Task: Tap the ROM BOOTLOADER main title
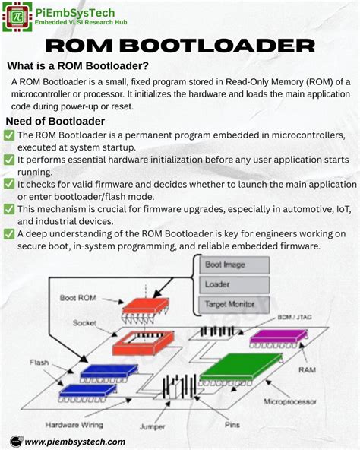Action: point(179,47)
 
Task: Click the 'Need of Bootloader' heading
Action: point(55,122)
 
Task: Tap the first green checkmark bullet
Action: point(9,135)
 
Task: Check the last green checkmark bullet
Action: point(9,233)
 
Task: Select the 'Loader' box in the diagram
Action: point(233,285)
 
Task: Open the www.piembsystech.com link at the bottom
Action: point(75,441)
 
